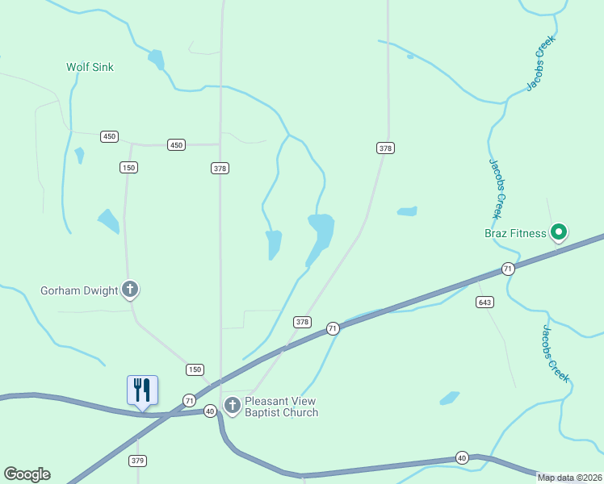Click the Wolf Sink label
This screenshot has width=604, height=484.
pyautogui.click(x=90, y=67)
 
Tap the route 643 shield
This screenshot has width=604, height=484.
pyautogui.click(x=484, y=302)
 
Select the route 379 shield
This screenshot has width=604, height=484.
pyautogui.click(x=136, y=461)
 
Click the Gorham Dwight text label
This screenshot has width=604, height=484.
pyautogui.click(x=79, y=290)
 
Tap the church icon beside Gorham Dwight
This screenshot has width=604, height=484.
pyautogui.click(x=130, y=290)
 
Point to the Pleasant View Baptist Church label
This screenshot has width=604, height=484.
pyautogui.click(x=281, y=407)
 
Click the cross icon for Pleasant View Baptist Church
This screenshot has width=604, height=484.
pyautogui.click(x=233, y=406)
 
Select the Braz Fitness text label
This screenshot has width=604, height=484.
pyautogui.click(x=515, y=234)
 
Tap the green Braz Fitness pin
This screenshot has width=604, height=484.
pyautogui.click(x=558, y=233)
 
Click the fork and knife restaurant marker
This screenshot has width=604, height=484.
pyautogui.click(x=142, y=390)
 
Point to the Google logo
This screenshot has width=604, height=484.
pyautogui.click(x=27, y=474)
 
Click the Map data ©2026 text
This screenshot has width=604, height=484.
pyautogui.click(x=569, y=478)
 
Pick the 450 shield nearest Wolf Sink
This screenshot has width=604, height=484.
pyautogui.click(x=109, y=136)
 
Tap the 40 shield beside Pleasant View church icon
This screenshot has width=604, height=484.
pyautogui.click(x=210, y=411)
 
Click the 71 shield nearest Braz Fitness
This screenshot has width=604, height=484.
pyautogui.click(x=507, y=269)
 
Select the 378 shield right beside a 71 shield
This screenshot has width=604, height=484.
pyautogui.click(x=302, y=322)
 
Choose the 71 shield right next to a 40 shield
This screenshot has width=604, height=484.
pyautogui.click(x=189, y=400)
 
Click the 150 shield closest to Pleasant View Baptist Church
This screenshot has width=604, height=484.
pyautogui.click(x=195, y=369)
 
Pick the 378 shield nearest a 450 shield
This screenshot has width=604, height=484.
pyautogui.click(x=220, y=168)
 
